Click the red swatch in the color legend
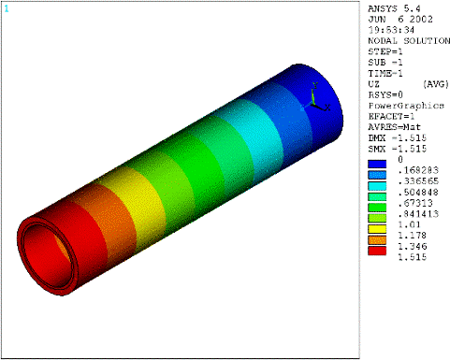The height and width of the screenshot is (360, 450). click(377, 251)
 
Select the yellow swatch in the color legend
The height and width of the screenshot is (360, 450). click(377, 229)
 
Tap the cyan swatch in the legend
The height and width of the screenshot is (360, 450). click(377, 186)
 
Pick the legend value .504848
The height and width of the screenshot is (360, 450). click(418, 192)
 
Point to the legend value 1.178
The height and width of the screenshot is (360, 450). click(412, 236)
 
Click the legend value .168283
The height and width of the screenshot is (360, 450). click(418, 170)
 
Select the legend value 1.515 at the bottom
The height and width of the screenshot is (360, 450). click(412, 257)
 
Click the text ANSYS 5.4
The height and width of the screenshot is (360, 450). click(394, 8)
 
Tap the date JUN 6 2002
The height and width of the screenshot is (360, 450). click(400, 20)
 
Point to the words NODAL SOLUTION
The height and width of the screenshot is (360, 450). click(409, 41)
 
